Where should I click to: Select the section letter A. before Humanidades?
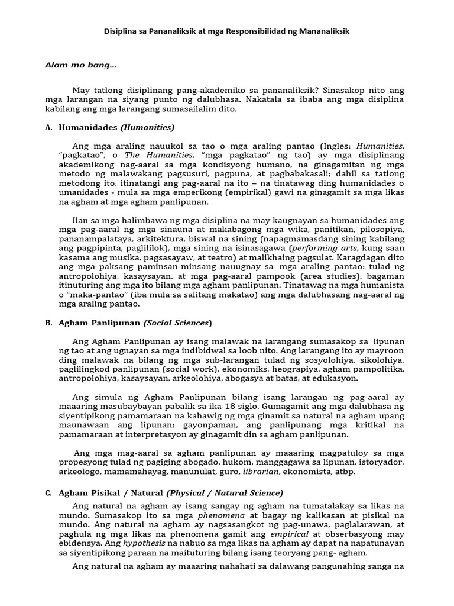[49, 127]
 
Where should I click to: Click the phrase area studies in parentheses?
[332, 276]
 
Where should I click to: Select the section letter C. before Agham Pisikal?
[49, 492]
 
